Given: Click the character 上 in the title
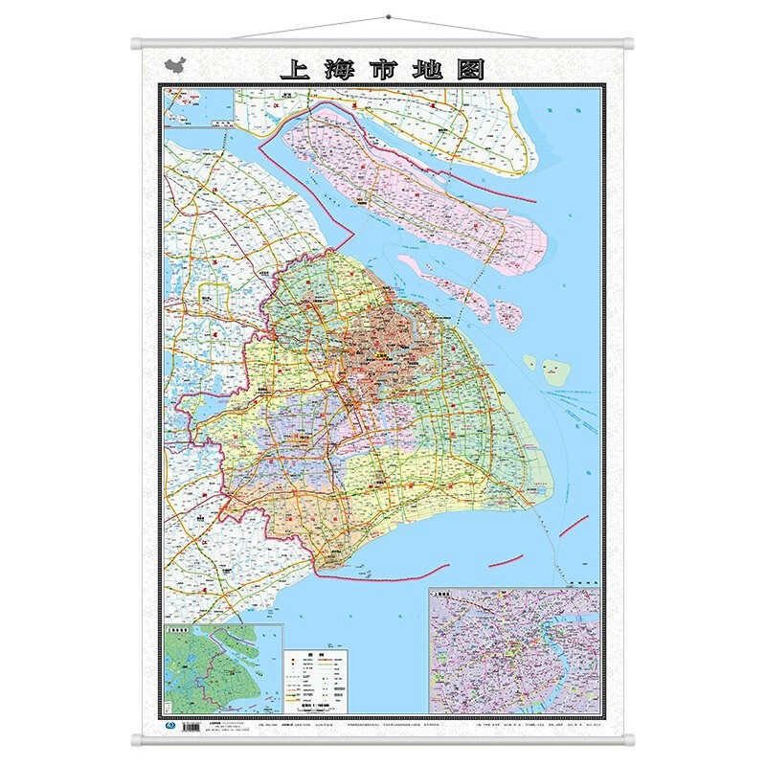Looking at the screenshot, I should (294, 70).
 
